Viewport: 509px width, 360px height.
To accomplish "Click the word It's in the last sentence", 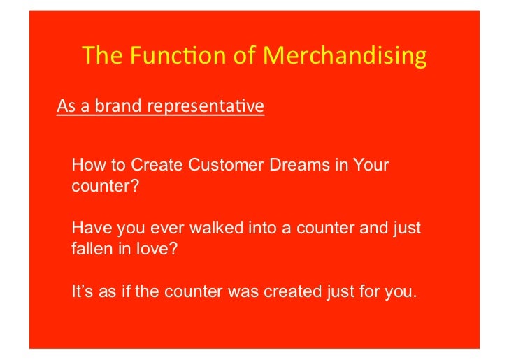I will tap(83, 291).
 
